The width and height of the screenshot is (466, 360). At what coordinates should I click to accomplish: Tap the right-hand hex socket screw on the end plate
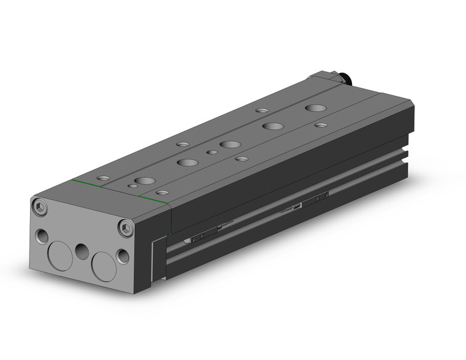(x=127, y=228)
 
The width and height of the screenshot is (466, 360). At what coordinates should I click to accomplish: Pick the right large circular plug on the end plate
(x=104, y=265)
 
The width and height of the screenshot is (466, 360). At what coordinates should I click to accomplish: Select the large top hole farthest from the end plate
(x=316, y=108)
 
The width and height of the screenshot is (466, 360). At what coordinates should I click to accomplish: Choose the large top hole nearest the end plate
(x=145, y=181)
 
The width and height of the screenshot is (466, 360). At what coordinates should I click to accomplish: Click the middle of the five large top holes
(x=231, y=144)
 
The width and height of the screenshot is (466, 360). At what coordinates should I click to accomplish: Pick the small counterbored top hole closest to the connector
(x=262, y=111)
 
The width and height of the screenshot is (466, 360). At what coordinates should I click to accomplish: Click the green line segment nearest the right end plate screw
(x=153, y=201)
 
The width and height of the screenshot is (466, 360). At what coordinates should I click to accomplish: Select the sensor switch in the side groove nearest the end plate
(x=206, y=234)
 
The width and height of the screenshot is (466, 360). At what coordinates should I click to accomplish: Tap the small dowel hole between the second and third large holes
(x=212, y=152)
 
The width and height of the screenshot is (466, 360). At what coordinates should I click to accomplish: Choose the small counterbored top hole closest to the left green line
(x=104, y=178)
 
